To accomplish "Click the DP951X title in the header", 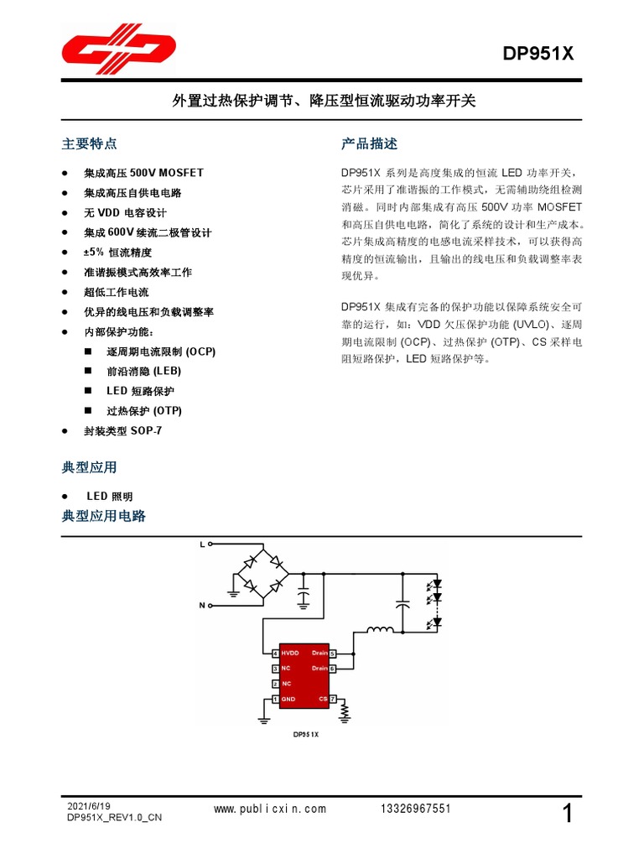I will (x=538, y=55).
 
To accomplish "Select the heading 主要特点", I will (x=90, y=143).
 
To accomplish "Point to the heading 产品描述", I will (x=370, y=143).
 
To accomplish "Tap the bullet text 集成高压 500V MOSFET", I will (x=143, y=173).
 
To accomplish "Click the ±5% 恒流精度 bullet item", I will (x=117, y=252).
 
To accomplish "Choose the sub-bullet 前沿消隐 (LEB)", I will (x=143, y=371).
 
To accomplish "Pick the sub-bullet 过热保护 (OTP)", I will (x=143, y=411).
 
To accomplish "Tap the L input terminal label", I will (x=201, y=544).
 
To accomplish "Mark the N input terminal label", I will (x=201, y=604).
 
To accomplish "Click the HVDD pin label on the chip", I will (x=290, y=653).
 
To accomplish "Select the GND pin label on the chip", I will (x=288, y=699).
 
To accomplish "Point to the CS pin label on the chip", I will (x=323, y=699).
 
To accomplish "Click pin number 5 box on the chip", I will (x=333, y=653).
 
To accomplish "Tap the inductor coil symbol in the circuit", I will (x=380, y=630).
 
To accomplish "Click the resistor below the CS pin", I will (x=344, y=712).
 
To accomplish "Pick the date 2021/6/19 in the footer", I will (x=88, y=805).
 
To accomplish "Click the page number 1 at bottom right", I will (x=568, y=813).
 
